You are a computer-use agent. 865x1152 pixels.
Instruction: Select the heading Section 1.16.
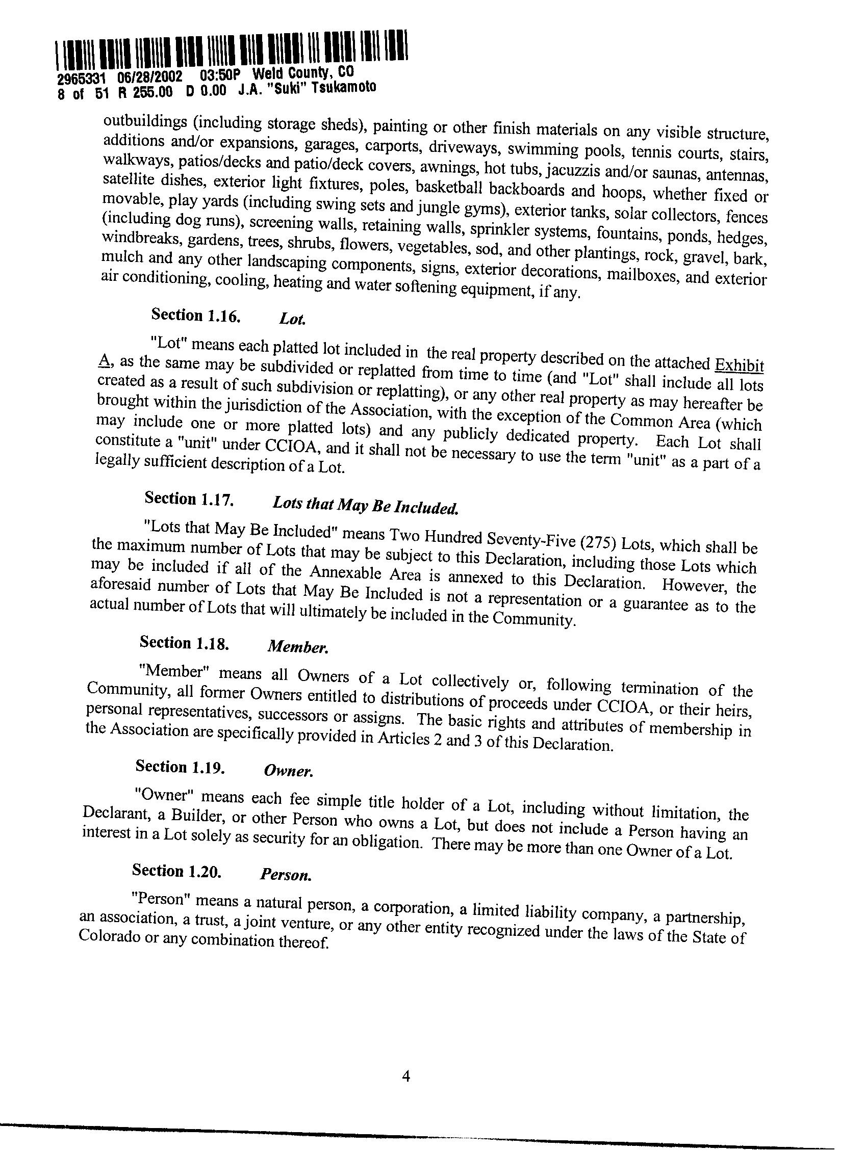(x=195, y=315)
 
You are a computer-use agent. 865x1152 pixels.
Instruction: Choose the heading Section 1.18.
(x=184, y=643)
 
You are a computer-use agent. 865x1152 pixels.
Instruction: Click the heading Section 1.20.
(x=176, y=871)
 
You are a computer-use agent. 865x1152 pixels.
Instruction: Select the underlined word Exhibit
(x=739, y=364)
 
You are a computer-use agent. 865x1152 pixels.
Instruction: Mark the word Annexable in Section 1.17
(x=344, y=573)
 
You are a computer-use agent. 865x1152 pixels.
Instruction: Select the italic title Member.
(x=297, y=647)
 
